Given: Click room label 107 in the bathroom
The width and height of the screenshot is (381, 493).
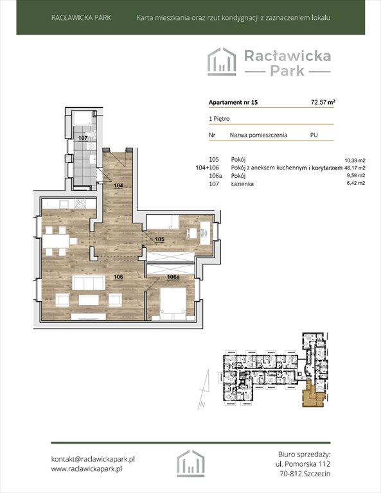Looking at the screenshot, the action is coord(83,138).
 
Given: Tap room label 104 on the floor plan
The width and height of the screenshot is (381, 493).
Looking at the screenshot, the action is coord(118,186).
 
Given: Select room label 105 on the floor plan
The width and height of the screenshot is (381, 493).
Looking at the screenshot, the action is coord(160,239).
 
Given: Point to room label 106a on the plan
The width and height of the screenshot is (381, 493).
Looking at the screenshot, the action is coord(173,277).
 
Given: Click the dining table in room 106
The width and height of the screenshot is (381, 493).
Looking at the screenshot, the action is coord(56,241).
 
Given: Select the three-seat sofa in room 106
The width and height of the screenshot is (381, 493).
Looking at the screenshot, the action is coord(89,282).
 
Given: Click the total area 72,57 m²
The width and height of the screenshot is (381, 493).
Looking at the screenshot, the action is coord(323,102).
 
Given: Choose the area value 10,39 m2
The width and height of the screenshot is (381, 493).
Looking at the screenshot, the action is coord(355,160).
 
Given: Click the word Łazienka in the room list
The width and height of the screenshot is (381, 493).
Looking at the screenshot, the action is coord(242,184).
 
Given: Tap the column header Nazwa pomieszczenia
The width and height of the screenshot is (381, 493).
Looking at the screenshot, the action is coord(258,135).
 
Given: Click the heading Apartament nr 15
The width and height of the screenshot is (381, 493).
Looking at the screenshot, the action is coord(233,102).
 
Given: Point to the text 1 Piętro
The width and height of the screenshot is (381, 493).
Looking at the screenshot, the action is coord(219,119).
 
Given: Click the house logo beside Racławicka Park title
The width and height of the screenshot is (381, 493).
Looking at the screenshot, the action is coord(222,62).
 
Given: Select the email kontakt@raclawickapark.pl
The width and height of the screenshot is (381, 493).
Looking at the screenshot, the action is coord(93,459).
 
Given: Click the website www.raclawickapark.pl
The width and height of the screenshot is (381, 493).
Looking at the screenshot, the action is coord(87,469).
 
